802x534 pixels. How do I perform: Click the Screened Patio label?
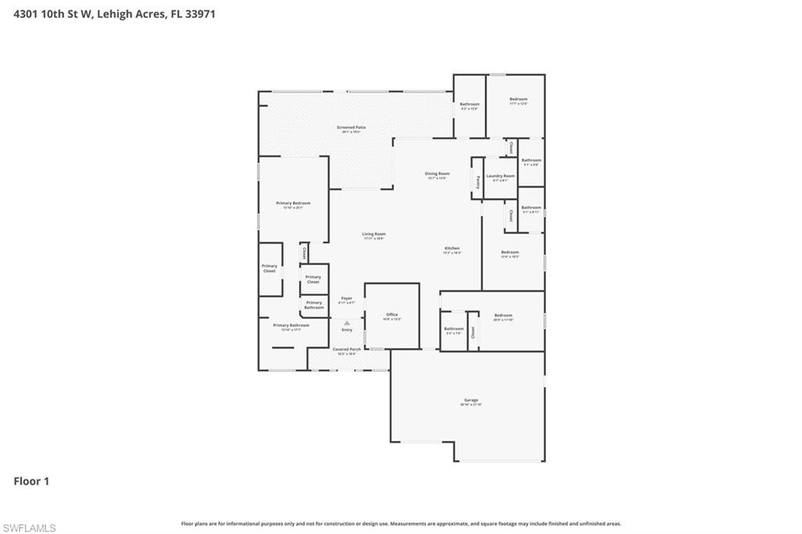[351, 128]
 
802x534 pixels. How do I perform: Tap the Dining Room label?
[437, 175]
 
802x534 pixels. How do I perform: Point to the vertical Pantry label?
[477, 181]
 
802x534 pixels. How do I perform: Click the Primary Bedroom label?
[293, 204]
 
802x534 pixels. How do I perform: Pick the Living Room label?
[374, 235]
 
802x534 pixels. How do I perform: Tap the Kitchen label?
[452, 250]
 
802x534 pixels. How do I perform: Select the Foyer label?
[346, 299]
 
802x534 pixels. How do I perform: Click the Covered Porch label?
[346, 350]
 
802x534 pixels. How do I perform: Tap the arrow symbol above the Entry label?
[346, 323]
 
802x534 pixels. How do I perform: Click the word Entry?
[346, 330]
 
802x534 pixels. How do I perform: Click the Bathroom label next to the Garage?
[453, 330]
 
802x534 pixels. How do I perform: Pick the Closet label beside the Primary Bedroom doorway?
[304, 253]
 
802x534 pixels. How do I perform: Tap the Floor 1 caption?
[31, 482]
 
